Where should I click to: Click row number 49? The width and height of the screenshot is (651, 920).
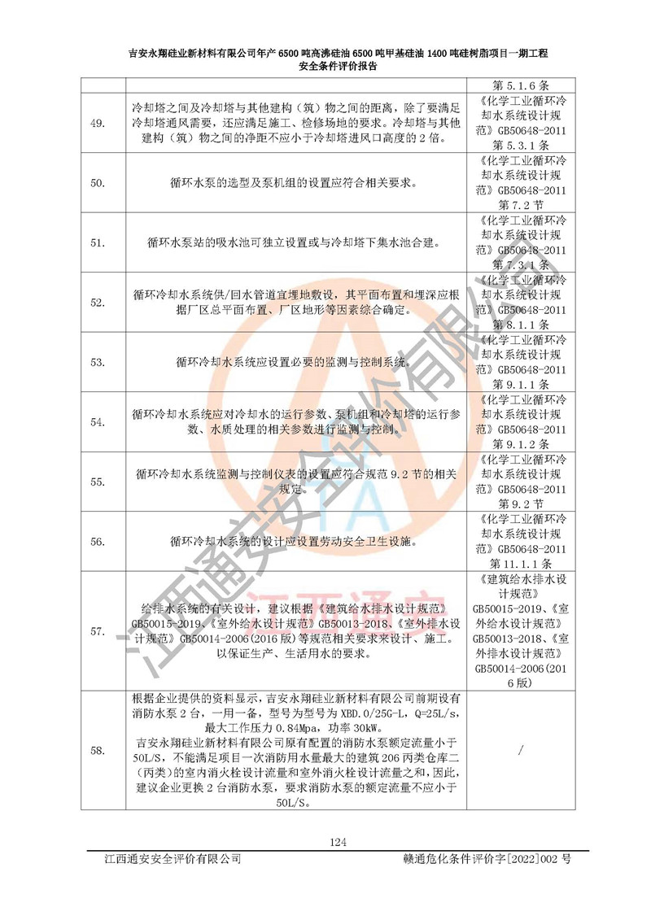point(97,123)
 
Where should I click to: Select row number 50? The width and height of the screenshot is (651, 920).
point(97,183)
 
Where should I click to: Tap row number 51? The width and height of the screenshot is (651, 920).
point(97,242)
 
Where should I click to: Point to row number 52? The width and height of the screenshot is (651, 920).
point(97,303)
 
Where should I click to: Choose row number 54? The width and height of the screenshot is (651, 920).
point(97,422)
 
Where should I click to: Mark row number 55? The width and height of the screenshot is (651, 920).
point(97,482)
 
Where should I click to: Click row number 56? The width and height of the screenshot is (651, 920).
point(97,542)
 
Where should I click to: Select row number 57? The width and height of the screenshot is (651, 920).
point(97,630)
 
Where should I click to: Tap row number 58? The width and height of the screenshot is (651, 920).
point(97,750)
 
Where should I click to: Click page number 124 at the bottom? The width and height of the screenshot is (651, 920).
point(338,841)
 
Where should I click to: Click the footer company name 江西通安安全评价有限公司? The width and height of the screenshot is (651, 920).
point(168,859)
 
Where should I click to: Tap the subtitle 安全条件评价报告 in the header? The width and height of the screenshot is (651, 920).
point(338,68)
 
